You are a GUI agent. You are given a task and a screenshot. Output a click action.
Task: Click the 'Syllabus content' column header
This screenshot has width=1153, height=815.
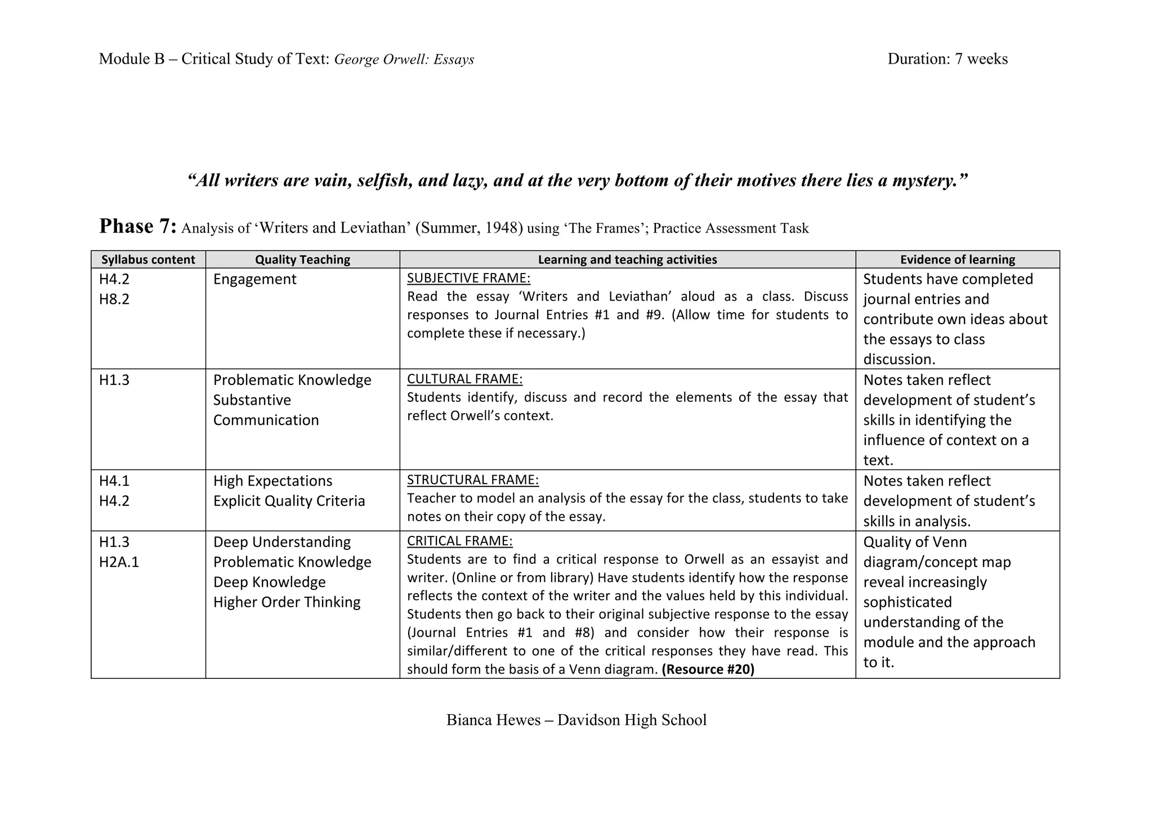point(148,259)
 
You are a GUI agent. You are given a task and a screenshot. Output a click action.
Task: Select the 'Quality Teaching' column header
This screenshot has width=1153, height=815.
point(302,259)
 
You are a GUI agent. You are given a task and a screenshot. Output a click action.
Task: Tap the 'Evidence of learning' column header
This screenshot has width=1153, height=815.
point(957,259)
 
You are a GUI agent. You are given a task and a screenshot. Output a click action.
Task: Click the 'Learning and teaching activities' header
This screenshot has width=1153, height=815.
point(627,259)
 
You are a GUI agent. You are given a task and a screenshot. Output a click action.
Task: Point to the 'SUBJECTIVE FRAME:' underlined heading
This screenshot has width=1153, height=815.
point(468,278)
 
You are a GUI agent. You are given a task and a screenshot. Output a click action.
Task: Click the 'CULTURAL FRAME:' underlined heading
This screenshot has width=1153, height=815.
point(464,379)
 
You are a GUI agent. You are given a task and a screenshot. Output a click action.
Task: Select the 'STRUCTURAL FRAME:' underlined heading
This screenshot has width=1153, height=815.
point(472,480)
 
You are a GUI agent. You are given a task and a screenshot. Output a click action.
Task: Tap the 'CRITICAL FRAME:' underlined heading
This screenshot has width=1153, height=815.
point(459,541)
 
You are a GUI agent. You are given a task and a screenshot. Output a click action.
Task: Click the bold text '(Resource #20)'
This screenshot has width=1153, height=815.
point(708,669)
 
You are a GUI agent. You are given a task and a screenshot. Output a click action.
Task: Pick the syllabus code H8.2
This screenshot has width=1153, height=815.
point(114,299)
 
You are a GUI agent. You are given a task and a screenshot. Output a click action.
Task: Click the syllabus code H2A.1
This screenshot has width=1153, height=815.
point(119,562)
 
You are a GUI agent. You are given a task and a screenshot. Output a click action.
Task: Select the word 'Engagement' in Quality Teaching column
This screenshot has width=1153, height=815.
point(254,279)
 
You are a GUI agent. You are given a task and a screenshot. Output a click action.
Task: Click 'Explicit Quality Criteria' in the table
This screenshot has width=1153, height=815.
point(289,501)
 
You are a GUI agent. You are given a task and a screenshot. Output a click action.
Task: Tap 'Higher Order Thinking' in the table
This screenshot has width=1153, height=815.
point(287,602)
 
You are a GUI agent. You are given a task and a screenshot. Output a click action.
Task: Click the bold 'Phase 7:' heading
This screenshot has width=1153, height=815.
point(138,226)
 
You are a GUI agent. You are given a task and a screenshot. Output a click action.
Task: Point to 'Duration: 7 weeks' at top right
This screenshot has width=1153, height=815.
point(948,59)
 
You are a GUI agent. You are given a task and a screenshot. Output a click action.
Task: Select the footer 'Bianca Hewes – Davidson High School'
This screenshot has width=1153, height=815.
point(576,720)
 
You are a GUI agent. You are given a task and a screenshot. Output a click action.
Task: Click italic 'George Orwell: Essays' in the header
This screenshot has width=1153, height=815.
point(404,60)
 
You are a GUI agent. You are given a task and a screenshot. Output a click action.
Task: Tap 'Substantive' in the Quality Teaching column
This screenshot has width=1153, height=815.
point(252,400)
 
